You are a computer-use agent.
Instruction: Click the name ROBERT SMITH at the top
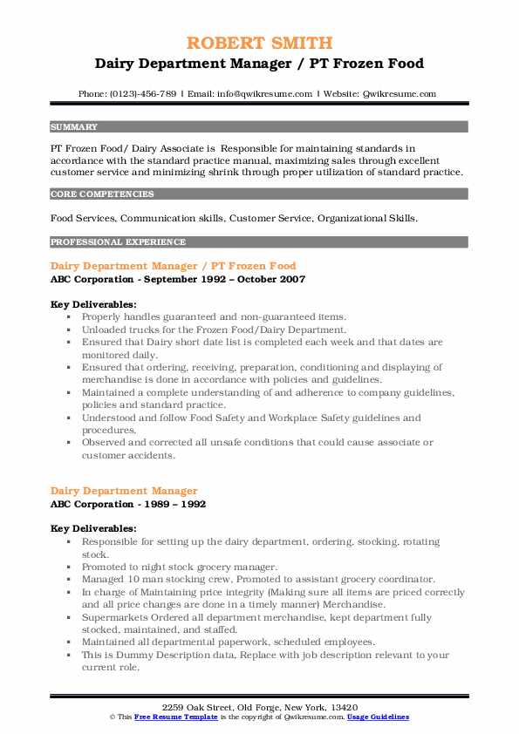pos(259,42)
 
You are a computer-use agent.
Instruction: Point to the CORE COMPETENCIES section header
pos(102,194)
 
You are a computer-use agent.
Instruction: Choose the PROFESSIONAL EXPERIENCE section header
pos(118,241)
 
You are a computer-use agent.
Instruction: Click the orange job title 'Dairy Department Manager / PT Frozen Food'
pos(174,266)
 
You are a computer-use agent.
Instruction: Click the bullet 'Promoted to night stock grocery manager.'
pos(180,567)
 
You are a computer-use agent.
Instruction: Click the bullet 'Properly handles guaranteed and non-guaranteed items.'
pos(215,317)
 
